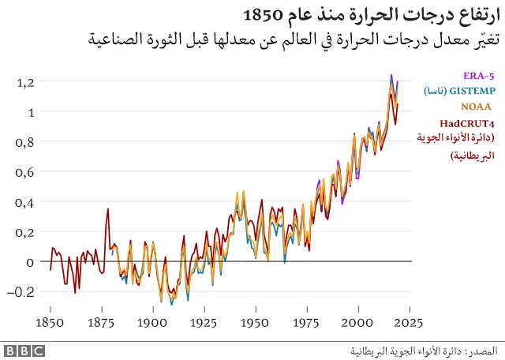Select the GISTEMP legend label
[469, 91]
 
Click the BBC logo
[24, 350]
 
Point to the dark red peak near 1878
[107, 209]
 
